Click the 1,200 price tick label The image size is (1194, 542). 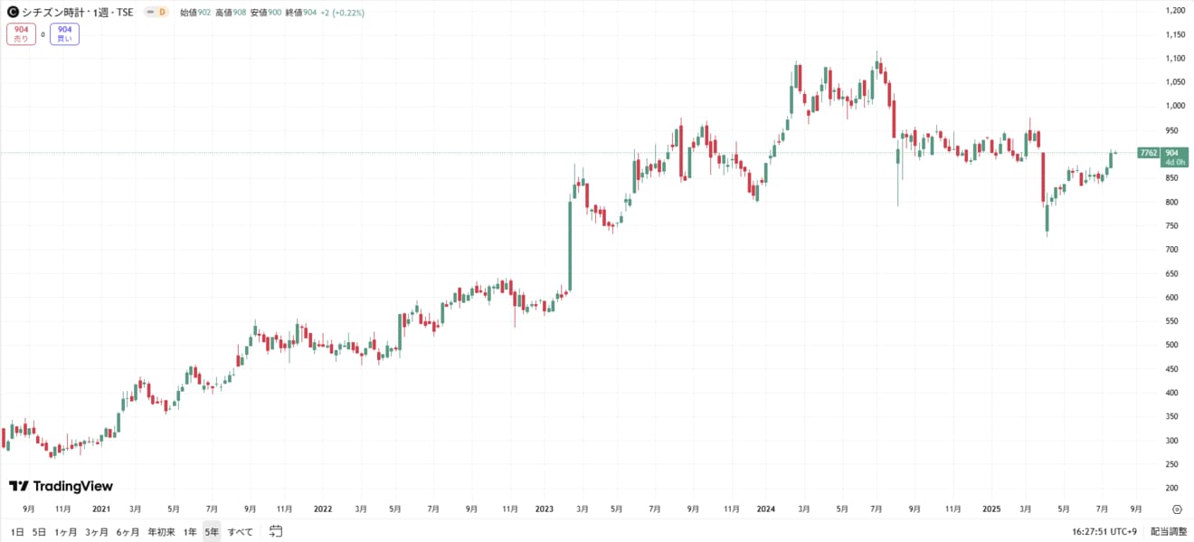(1176, 11)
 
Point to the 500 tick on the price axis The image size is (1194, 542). (1175, 345)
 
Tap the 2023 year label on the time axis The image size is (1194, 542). (545, 509)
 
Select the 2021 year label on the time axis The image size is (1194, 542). (101, 509)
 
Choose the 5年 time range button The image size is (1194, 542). (211, 532)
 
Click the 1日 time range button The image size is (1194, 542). (17, 532)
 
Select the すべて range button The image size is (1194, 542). (241, 532)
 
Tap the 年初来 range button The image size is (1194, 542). (161, 532)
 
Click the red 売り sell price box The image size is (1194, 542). (21, 34)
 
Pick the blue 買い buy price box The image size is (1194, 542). (64, 34)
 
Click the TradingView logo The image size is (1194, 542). (61, 487)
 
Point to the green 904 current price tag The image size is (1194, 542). (1173, 153)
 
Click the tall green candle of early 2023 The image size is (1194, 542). (570, 244)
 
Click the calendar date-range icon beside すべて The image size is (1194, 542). (276, 531)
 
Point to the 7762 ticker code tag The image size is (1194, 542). (1149, 153)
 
